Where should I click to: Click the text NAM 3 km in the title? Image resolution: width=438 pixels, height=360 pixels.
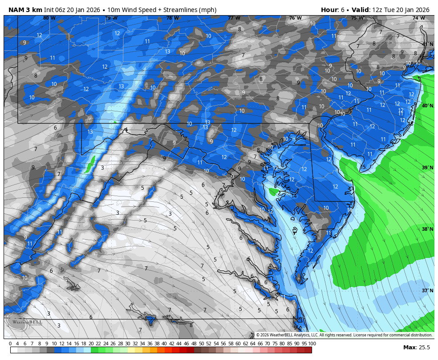point(25,10)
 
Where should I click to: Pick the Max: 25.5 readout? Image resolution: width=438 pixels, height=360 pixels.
point(417,348)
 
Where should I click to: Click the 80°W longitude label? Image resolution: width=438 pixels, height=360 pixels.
point(49,18)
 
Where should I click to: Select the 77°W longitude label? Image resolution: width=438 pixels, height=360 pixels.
point(234,18)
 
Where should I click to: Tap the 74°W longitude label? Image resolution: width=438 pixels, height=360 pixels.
point(418,18)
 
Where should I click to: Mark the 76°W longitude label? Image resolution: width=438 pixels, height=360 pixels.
point(296,18)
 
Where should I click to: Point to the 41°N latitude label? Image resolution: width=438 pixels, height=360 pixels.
point(427,45)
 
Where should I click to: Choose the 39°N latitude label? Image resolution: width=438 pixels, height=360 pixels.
point(427,168)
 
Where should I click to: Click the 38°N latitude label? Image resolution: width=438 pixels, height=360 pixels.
point(427,229)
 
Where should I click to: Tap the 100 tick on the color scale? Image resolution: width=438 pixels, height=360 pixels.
point(312,344)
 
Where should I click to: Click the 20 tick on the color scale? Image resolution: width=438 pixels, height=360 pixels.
point(91,344)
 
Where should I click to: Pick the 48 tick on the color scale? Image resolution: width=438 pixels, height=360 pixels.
point(194,344)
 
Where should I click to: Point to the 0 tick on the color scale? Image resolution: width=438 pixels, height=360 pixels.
point(10,344)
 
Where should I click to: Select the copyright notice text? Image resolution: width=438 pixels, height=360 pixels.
point(344,335)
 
